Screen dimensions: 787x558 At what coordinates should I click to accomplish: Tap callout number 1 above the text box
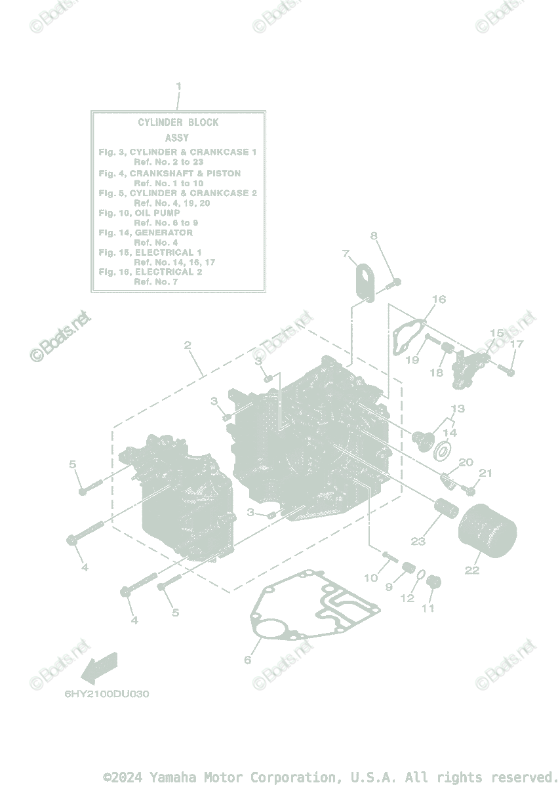click(x=178, y=86)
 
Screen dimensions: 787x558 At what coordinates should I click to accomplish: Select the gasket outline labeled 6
click(x=315, y=607)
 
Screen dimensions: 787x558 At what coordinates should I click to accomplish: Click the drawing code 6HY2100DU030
click(x=106, y=694)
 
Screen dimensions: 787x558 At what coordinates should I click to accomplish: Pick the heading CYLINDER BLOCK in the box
click(x=178, y=123)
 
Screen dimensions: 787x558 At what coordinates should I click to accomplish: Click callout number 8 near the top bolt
click(x=374, y=236)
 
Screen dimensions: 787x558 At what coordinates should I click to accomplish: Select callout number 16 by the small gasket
click(x=439, y=300)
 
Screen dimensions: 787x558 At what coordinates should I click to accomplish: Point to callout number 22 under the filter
click(x=472, y=570)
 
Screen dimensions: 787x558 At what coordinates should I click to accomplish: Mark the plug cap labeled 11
click(x=433, y=582)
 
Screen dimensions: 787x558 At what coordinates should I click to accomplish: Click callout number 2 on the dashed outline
click(x=188, y=345)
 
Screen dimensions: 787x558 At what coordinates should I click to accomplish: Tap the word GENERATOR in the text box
click(x=164, y=233)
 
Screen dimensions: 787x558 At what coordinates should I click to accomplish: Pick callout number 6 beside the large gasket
click(x=248, y=660)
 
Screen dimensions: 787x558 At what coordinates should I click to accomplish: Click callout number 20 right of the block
click(x=466, y=462)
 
